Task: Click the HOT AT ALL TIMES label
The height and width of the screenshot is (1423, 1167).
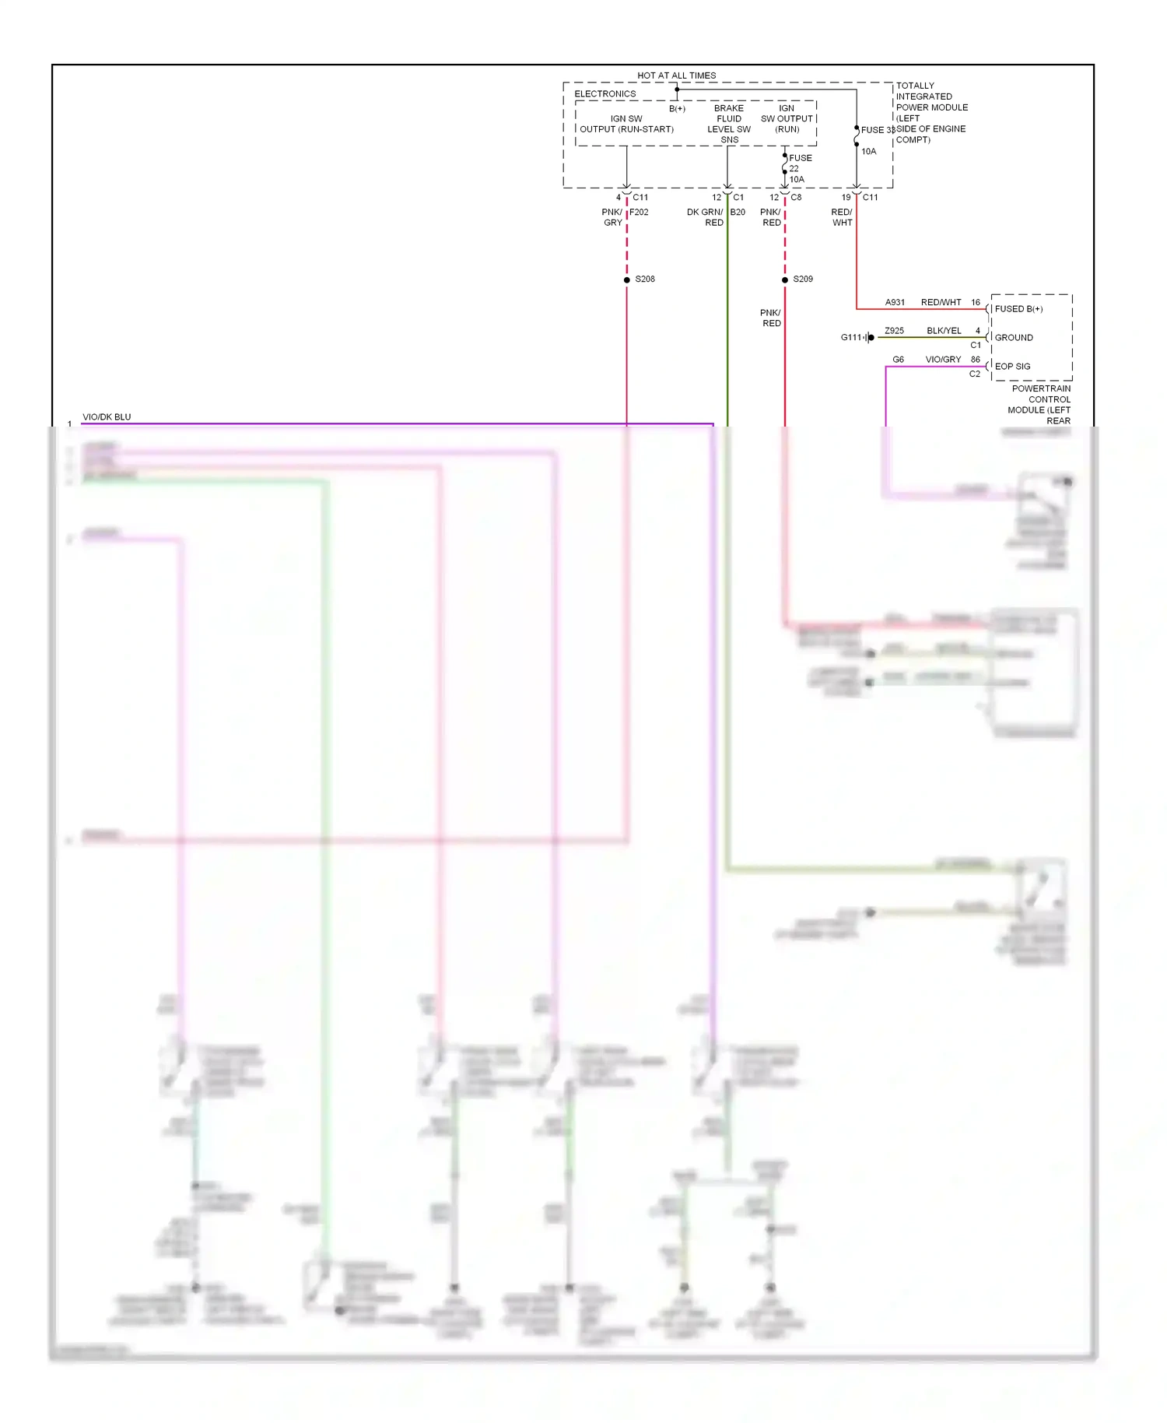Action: pyautogui.click(x=676, y=76)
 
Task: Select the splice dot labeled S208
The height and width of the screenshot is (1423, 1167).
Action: pyautogui.click(x=626, y=279)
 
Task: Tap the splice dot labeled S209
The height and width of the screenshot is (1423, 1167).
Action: pyautogui.click(x=784, y=279)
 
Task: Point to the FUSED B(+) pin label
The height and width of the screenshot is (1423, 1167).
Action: pyautogui.click(x=1018, y=309)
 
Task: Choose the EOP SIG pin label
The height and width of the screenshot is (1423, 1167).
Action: pyautogui.click(x=1012, y=366)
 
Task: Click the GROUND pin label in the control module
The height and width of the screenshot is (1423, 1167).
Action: pyautogui.click(x=1014, y=338)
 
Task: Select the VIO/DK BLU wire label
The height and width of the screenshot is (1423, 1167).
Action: pyautogui.click(x=107, y=417)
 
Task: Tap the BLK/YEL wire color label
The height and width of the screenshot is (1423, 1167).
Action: pyautogui.click(x=944, y=331)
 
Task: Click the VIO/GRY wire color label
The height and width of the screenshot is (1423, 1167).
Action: pyautogui.click(x=943, y=360)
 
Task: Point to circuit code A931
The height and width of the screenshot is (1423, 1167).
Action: pyautogui.click(x=895, y=302)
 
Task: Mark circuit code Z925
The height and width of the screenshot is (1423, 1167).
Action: pyautogui.click(x=894, y=331)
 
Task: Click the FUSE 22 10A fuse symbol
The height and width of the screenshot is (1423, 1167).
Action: pyautogui.click(x=784, y=168)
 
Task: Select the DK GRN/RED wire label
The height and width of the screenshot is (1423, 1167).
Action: pyautogui.click(x=705, y=217)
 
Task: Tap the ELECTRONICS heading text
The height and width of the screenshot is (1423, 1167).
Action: pyautogui.click(x=605, y=94)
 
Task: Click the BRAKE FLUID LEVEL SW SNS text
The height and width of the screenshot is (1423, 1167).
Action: pyautogui.click(x=729, y=124)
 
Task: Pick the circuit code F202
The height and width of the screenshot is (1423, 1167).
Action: pyautogui.click(x=639, y=212)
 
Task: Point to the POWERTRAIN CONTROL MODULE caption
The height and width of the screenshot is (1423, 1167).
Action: pyautogui.click(x=1040, y=404)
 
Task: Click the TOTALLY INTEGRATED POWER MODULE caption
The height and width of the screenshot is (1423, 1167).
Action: pyautogui.click(x=931, y=112)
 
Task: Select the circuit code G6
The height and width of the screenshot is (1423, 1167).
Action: pyautogui.click(x=898, y=360)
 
